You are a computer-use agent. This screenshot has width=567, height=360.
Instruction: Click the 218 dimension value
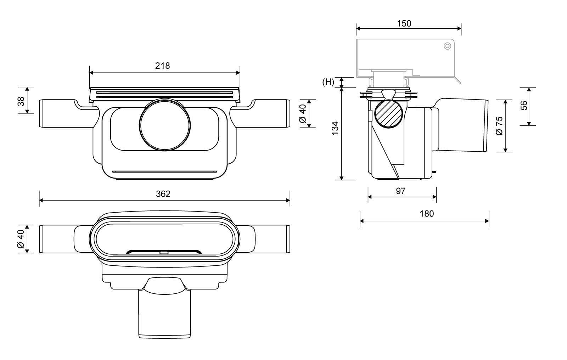coord(162,66)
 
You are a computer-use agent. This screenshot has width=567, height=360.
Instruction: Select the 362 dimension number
coord(163,194)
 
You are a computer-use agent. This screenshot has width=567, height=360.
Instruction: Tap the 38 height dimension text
coord(21,101)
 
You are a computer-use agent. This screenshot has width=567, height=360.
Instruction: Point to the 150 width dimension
coord(404,23)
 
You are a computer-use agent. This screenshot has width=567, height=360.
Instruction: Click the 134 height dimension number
coord(335,128)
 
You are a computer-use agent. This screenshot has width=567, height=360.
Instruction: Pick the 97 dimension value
coord(400,191)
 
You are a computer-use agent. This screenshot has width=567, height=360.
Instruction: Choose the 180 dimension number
coord(427,214)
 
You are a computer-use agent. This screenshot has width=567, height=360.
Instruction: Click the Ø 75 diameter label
coord(499,126)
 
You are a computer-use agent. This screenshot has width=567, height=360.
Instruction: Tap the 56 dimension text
coord(524,105)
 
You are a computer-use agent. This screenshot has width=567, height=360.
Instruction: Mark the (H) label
coord(328,82)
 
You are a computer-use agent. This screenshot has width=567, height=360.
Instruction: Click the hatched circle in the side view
coord(388,114)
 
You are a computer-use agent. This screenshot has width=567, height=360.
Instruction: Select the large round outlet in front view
coord(165,125)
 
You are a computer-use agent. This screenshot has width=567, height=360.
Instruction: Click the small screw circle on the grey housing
coord(447,46)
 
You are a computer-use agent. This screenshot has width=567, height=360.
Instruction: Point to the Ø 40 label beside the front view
coord(303,114)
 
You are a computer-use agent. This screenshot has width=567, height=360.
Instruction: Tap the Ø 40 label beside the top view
coord(21,239)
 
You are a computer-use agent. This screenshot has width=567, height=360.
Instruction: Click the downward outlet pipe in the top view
coord(164,314)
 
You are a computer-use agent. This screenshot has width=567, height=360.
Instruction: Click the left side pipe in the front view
coord(66,114)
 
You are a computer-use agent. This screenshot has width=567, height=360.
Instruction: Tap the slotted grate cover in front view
coord(164,94)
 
